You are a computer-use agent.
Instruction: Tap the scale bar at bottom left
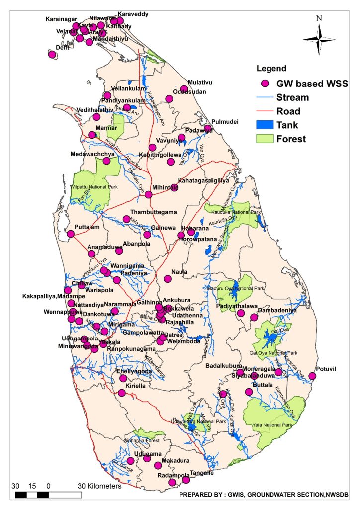click(48, 495)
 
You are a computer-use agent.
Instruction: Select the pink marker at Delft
click(52, 55)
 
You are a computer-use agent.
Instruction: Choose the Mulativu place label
click(200, 83)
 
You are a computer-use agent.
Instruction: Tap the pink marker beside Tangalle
click(186, 480)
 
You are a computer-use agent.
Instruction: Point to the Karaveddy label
click(132, 14)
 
